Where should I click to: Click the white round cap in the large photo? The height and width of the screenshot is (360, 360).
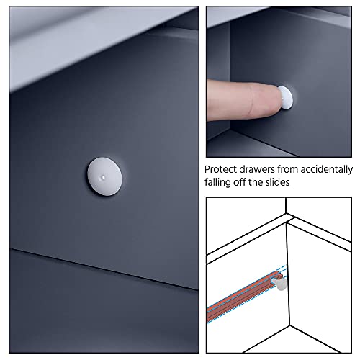tap(104, 176)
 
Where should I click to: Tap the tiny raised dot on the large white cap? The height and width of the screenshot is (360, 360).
tap(103, 178)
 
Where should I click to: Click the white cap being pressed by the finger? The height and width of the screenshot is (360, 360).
tap(286, 97)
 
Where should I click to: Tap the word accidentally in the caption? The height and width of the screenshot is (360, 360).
tap(326, 170)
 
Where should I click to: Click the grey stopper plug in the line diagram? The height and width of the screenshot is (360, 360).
tap(279, 283)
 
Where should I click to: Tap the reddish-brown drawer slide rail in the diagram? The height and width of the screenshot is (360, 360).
tap(243, 295)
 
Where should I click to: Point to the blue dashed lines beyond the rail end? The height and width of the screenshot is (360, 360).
tap(283, 271)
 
